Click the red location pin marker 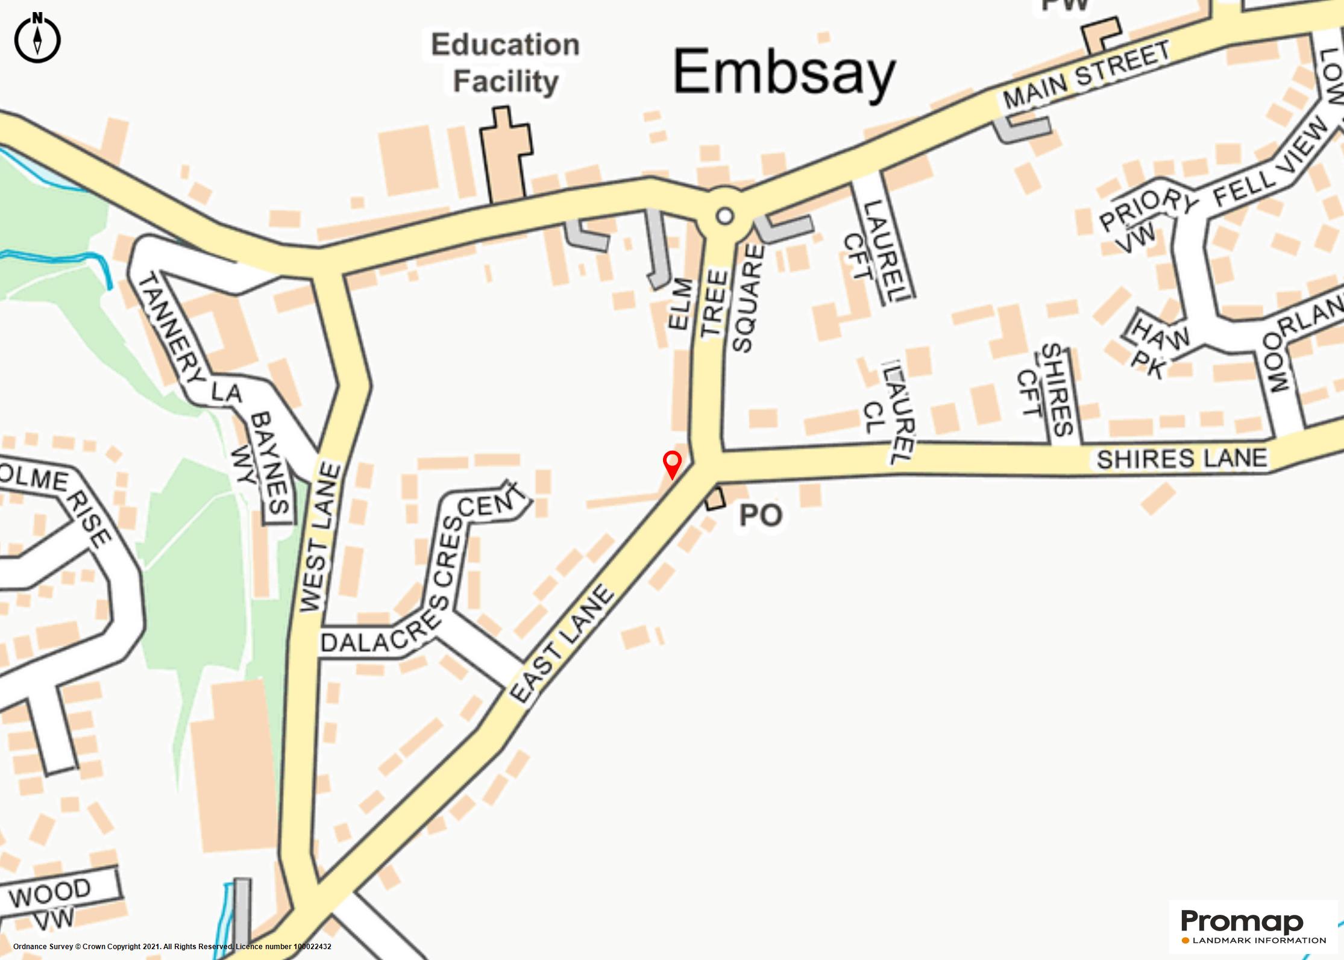672,463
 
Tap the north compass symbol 37,38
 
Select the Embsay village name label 783,74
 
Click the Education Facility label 505,63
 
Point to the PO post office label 761,515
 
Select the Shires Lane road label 1181,459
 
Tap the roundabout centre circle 725,216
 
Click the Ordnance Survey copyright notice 172,947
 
